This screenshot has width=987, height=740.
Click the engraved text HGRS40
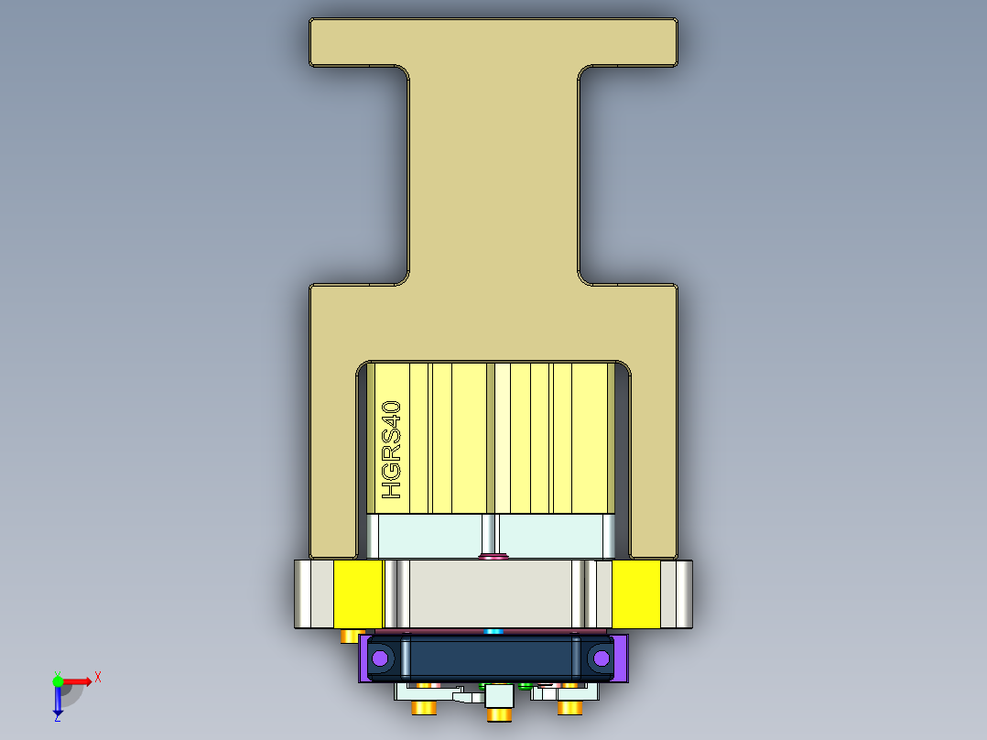pyautogui.click(x=392, y=450)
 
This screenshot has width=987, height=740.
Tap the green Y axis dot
pyautogui.click(x=58, y=680)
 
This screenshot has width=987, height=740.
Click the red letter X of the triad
pyautogui.click(x=98, y=678)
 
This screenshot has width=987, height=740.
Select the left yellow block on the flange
pyautogui.click(x=358, y=593)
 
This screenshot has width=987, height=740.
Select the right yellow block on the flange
pyautogui.click(x=635, y=593)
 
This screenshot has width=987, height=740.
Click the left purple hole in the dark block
pyautogui.click(x=381, y=658)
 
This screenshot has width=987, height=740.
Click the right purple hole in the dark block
pyautogui.click(x=601, y=658)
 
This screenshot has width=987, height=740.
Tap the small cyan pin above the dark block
pyautogui.click(x=494, y=632)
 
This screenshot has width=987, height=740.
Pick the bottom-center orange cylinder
pyautogui.click(x=499, y=713)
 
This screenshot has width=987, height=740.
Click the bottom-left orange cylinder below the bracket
pyautogui.click(x=423, y=706)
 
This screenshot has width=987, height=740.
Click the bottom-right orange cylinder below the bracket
pyautogui.click(x=569, y=707)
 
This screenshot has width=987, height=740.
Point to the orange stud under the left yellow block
pyautogui.click(x=349, y=636)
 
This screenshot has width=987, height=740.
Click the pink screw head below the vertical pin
pyautogui.click(x=494, y=556)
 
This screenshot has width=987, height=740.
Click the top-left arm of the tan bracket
pyautogui.click(x=357, y=42)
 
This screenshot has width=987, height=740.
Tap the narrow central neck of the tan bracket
pyautogui.click(x=493, y=174)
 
